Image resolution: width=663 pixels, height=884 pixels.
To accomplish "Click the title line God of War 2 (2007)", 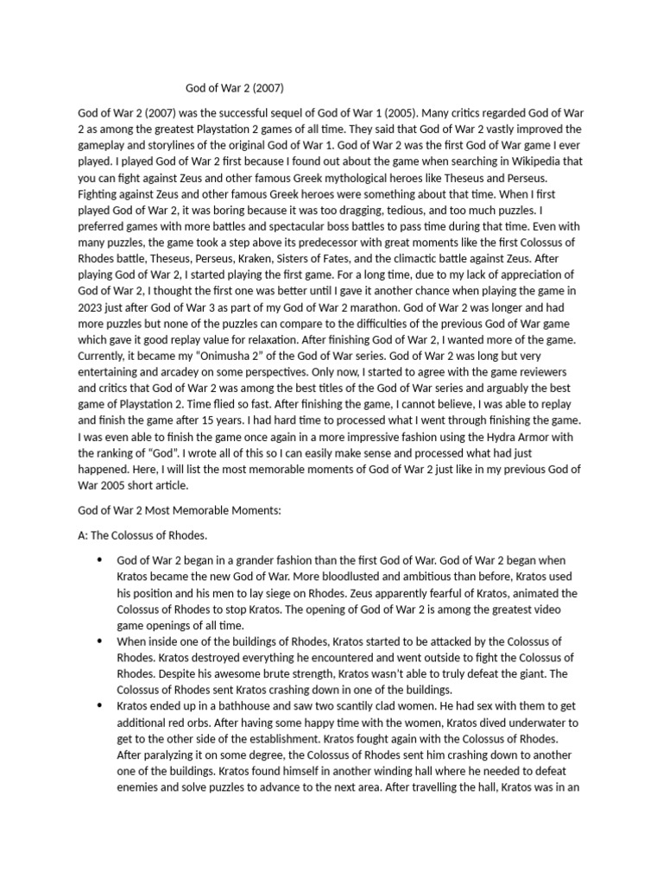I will pos(236,87).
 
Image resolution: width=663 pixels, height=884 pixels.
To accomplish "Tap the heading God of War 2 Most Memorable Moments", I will pos(180,511).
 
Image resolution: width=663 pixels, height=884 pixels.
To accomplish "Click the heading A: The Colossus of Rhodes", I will pos(142,536).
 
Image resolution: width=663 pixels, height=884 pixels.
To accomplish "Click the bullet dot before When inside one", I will pos(100,641).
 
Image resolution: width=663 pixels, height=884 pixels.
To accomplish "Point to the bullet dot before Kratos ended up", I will pos(100,705).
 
